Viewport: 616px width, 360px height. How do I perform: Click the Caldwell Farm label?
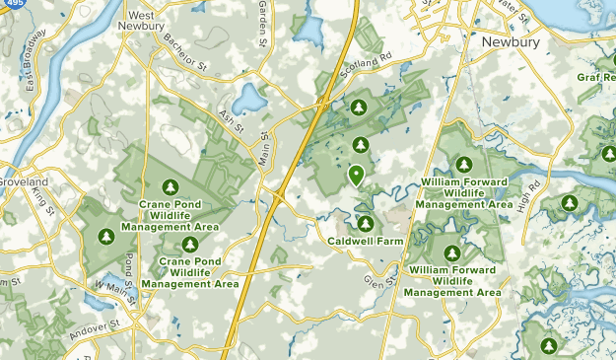(x=365, y=240)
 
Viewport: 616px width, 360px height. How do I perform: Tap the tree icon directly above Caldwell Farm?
(x=365, y=224)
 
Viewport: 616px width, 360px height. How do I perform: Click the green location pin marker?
(x=356, y=176)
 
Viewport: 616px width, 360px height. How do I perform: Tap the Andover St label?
(x=95, y=329)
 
